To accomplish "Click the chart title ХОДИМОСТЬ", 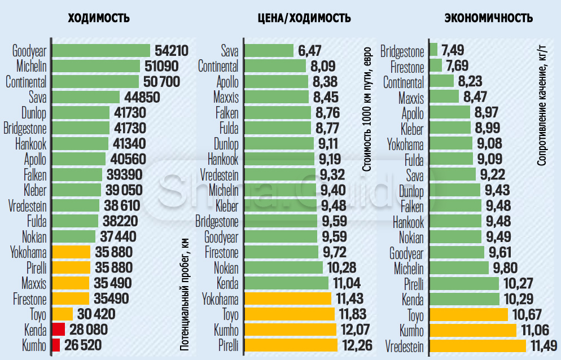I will click(99, 18).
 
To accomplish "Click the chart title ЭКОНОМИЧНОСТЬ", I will click(489, 18).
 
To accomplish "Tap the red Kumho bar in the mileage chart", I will click(56, 345).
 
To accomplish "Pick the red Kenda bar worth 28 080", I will click(58, 329).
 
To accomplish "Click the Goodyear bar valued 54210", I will click(101, 50).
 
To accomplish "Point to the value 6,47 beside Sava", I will click(310, 51).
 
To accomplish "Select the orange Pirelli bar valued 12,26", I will click(291, 345).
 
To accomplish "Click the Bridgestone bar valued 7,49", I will click(433, 50).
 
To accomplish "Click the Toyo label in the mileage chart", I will click(38, 314).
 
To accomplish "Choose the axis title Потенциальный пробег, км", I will click(184, 293).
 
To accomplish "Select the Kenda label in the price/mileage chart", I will click(227, 283).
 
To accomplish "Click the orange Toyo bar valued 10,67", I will click(468, 314).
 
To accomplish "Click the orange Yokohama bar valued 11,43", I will click(288, 298).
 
